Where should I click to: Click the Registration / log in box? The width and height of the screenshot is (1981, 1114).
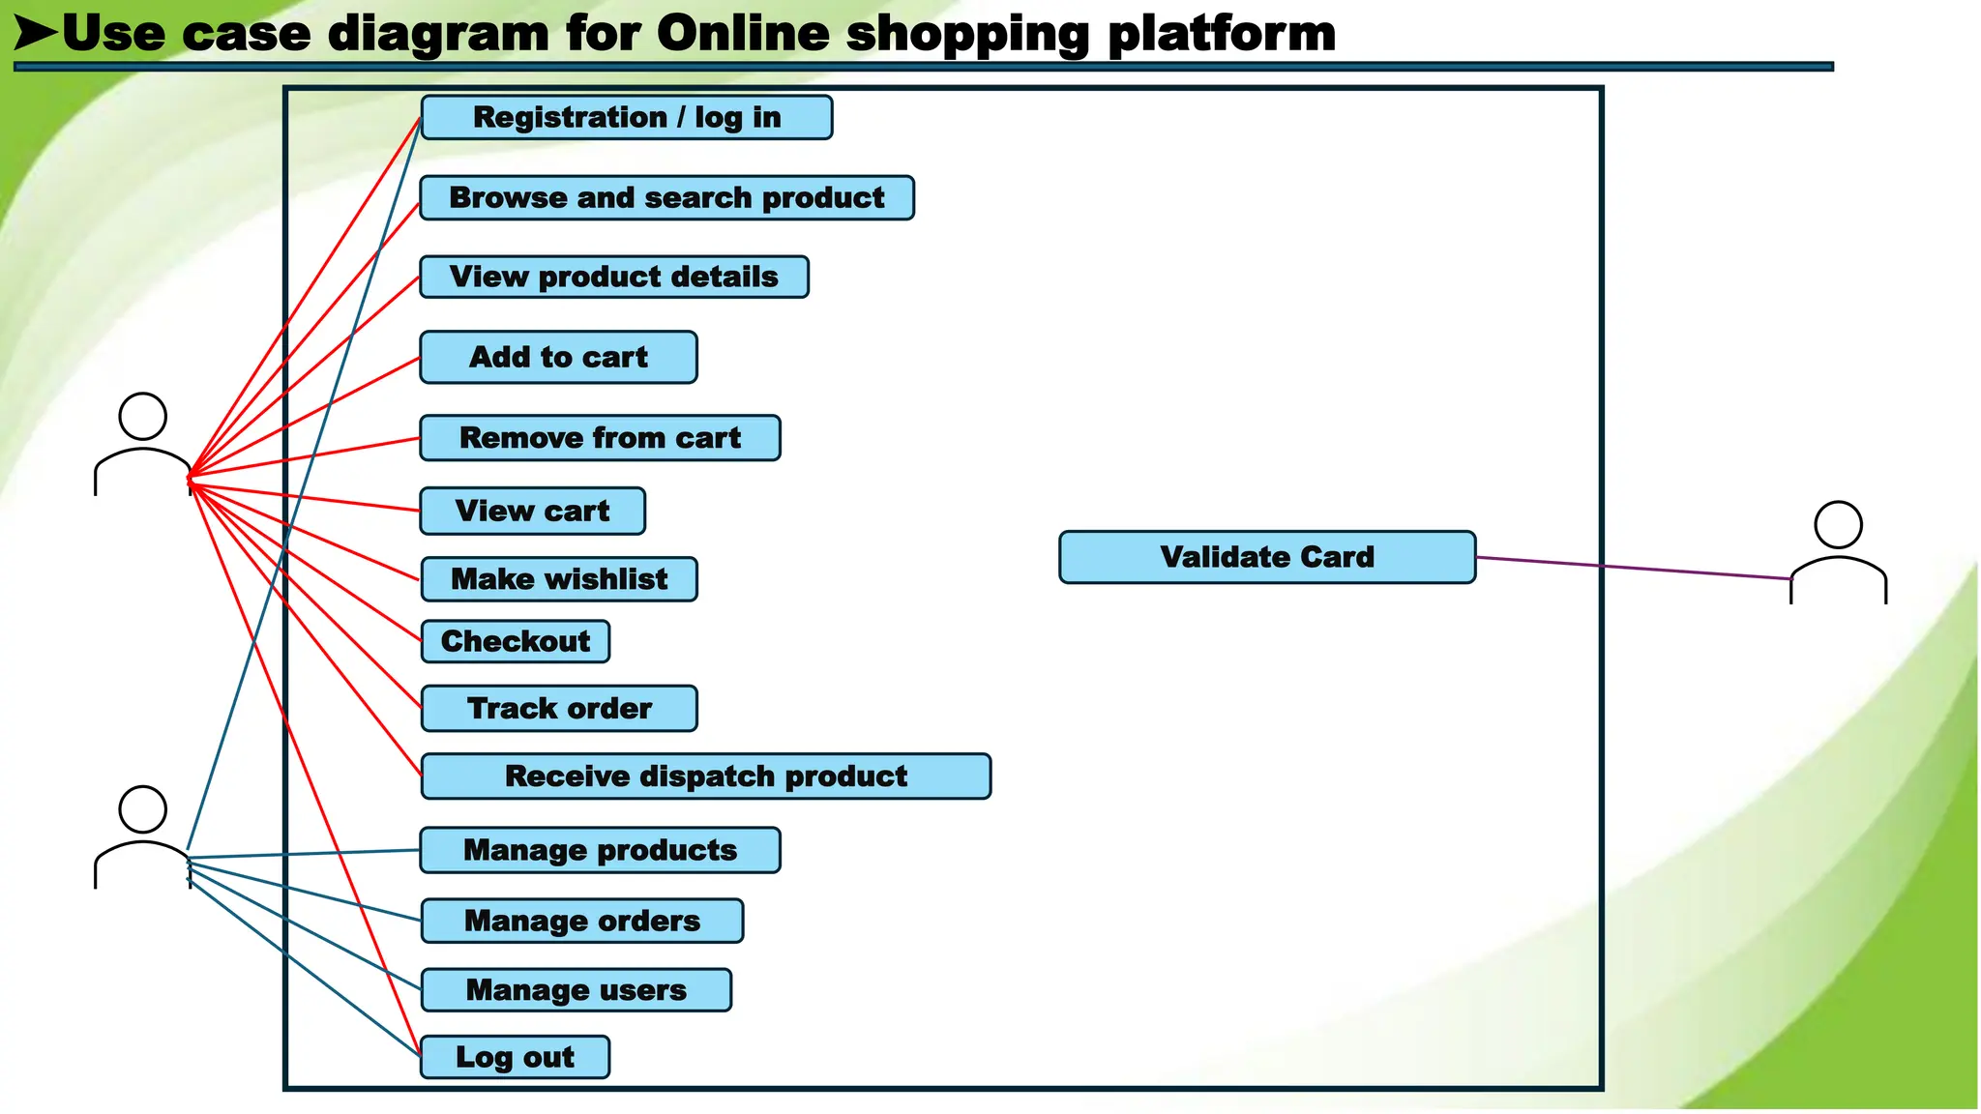click(x=626, y=117)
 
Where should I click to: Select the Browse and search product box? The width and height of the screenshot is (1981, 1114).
click(x=666, y=197)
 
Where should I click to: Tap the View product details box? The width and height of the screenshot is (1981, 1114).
click(x=613, y=277)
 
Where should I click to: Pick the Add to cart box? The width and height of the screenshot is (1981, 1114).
click(x=558, y=357)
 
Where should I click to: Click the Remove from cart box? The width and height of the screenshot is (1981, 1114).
click(x=600, y=438)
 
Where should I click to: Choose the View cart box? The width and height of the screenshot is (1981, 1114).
click(x=532, y=511)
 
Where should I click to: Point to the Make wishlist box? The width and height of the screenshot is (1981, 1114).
click(x=558, y=579)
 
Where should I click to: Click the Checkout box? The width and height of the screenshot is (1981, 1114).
click(x=515, y=641)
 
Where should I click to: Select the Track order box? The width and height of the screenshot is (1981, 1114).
click(x=558, y=708)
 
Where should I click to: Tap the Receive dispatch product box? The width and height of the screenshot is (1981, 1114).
click(x=705, y=776)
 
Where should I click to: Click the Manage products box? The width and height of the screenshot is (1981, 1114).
click(x=600, y=850)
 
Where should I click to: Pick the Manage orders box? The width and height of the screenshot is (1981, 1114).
click(x=581, y=921)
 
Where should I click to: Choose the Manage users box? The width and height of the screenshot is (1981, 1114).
click(x=576, y=990)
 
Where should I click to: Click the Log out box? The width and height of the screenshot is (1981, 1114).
click(x=515, y=1057)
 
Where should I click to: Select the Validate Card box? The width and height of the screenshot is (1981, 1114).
click(x=1266, y=557)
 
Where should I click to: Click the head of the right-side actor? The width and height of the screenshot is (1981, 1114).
click(x=1838, y=525)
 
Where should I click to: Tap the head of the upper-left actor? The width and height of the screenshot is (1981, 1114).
click(x=142, y=417)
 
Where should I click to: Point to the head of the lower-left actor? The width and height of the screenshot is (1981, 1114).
click(x=142, y=809)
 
